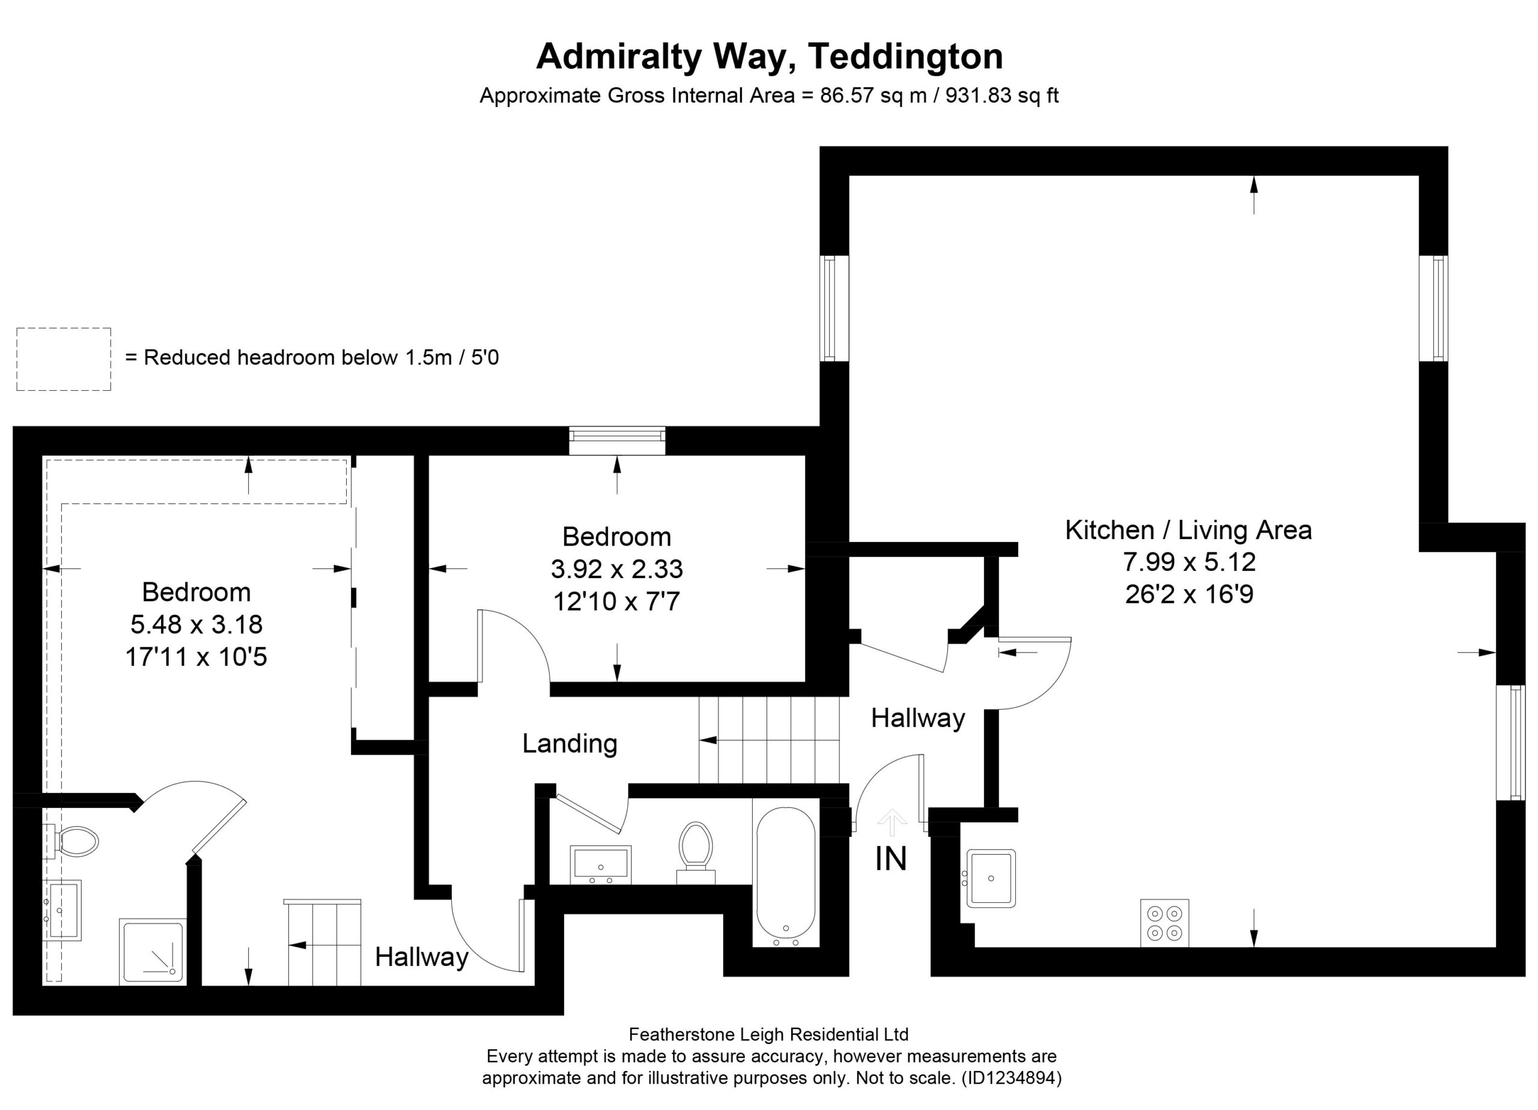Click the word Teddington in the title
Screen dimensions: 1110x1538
[x=905, y=56]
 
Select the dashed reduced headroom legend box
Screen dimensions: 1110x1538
[x=64, y=358]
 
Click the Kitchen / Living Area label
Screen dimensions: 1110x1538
[x=1188, y=530]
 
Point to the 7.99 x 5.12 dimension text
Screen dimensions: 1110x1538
[x=1190, y=562]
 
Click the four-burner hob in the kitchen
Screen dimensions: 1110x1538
[x=1164, y=922]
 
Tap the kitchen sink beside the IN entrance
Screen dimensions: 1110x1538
[x=991, y=878]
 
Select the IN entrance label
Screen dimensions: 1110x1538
[x=890, y=860]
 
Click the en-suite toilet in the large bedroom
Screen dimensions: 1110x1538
[x=76, y=842]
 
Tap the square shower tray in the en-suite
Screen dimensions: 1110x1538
[x=152, y=951]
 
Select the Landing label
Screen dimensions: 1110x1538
[x=570, y=743]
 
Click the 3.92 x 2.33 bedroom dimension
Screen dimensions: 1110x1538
[x=616, y=569]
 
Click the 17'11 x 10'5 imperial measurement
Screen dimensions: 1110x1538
[x=196, y=657]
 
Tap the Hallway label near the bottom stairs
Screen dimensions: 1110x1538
[x=422, y=957]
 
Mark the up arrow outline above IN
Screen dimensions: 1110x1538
[x=892, y=822]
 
